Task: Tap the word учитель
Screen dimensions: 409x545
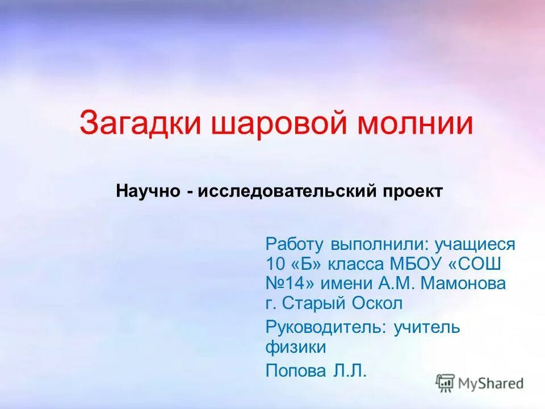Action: (x=427, y=327)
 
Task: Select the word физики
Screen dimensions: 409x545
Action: (x=295, y=347)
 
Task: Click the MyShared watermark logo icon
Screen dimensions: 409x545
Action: (x=446, y=383)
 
